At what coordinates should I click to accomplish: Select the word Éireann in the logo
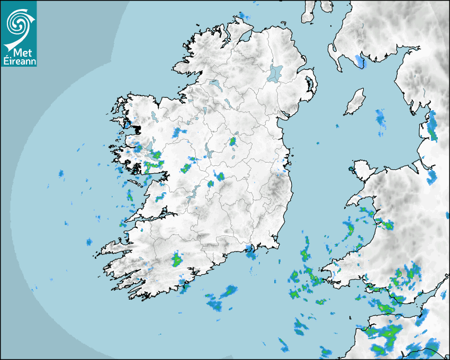[19, 61]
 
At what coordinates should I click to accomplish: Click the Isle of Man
[355, 102]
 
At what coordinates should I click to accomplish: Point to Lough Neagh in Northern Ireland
[275, 73]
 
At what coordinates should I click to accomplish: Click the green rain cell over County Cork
[177, 260]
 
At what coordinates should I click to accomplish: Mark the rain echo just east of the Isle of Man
[381, 119]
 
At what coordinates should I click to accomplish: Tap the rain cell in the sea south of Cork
[229, 291]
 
